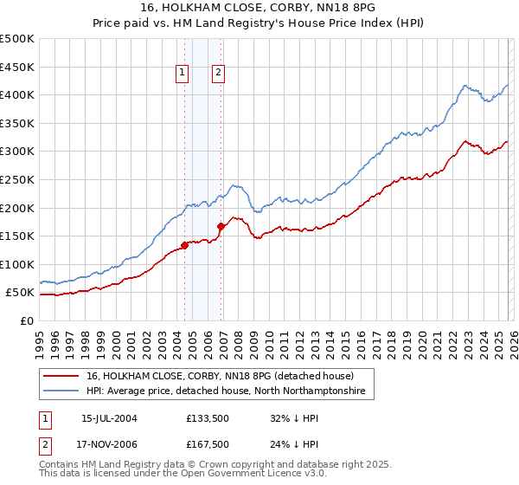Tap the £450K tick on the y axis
pyautogui.click(x=17, y=67)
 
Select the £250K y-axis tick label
pyautogui.click(x=17, y=179)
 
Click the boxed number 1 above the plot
pyautogui.click(x=183, y=74)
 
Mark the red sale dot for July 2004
pyautogui.click(x=185, y=245)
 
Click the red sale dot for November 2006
pyautogui.click(x=221, y=226)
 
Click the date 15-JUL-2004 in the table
pyautogui.click(x=109, y=417)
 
